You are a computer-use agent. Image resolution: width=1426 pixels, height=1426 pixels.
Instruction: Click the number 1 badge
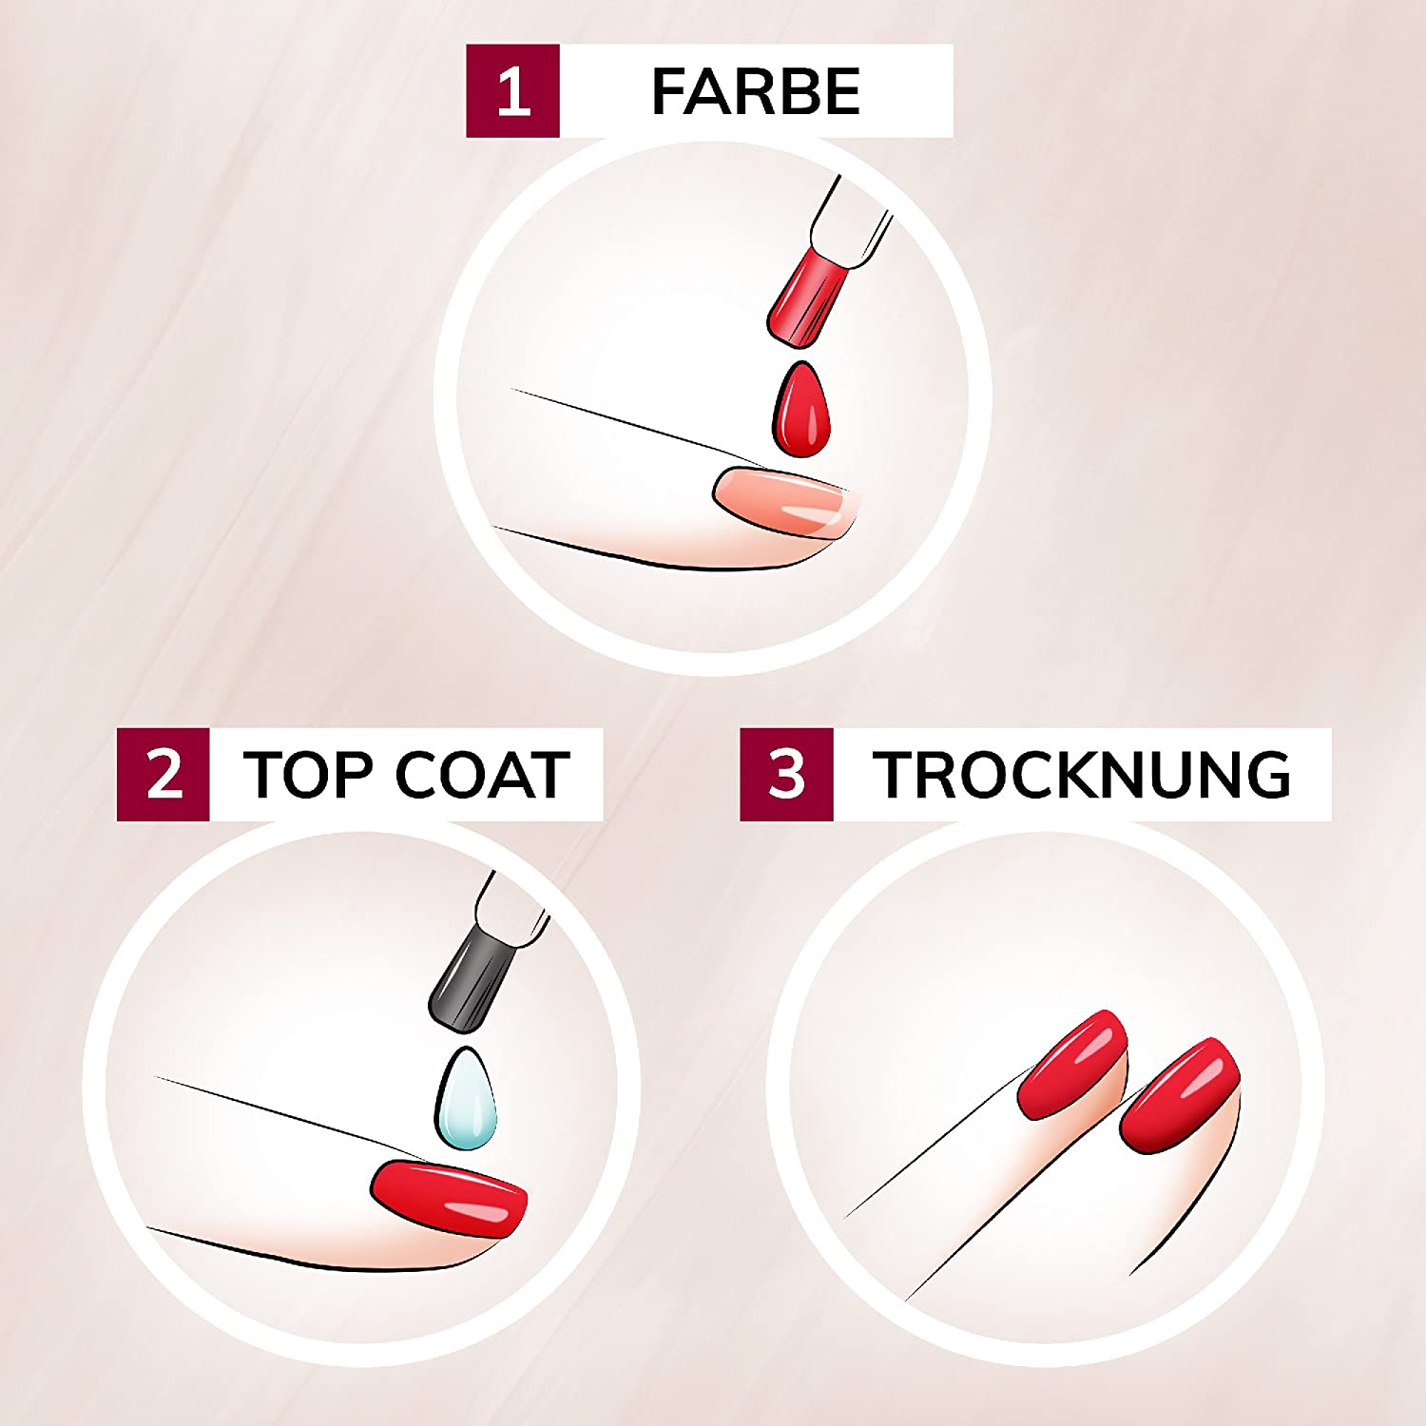[x=512, y=91]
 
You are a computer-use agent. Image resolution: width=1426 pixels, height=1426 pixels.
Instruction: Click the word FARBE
[x=756, y=92]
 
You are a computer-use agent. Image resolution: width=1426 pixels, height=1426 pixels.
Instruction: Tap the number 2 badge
[x=164, y=775]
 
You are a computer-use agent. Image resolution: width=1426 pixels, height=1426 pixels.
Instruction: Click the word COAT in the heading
[x=481, y=775]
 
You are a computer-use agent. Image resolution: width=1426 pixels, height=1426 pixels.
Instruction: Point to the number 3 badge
[x=786, y=775]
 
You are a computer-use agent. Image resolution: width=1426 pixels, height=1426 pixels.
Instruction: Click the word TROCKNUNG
[x=1082, y=775]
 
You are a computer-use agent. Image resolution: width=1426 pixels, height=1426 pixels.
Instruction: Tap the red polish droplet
[x=802, y=409]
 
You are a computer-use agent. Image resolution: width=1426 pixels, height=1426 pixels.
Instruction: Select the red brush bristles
[x=806, y=295]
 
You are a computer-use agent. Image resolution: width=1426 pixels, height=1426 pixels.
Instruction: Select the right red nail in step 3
[x=1180, y=1093]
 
